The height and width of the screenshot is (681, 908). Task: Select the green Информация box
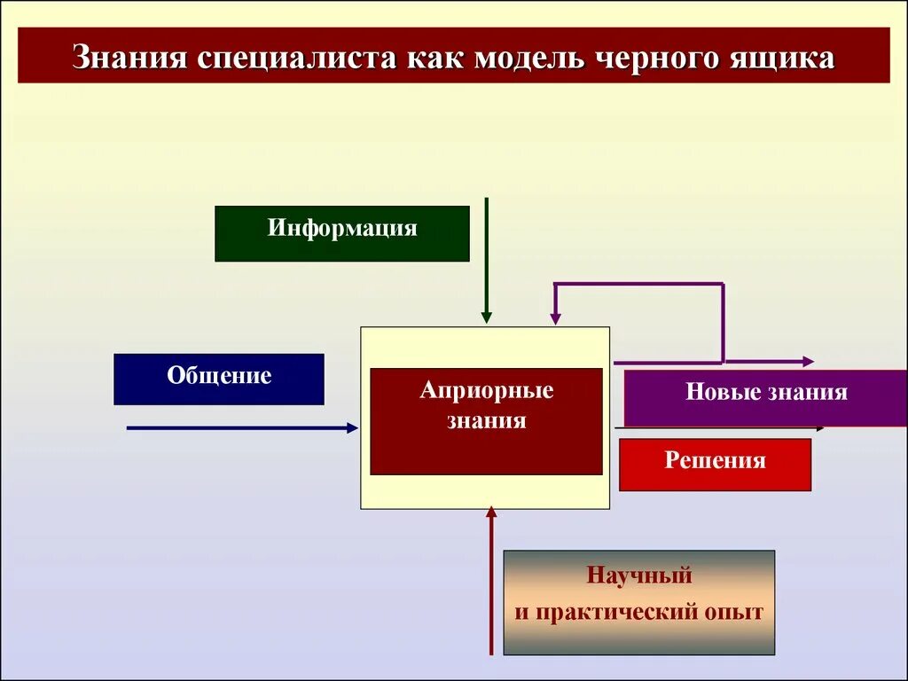[x=342, y=233]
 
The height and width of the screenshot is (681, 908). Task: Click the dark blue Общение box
[x=219, y=379]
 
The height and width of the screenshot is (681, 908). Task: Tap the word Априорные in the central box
[x=486, y=391]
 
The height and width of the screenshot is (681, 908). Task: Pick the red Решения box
[x=715, y=464]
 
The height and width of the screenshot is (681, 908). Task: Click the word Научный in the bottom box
[x=638, y=575]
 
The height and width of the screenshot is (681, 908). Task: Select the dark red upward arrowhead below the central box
[x=492, y=512]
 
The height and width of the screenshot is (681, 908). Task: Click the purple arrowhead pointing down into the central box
[x=555, y=317]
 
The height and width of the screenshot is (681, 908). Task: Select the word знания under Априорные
[x=486, y=420]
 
